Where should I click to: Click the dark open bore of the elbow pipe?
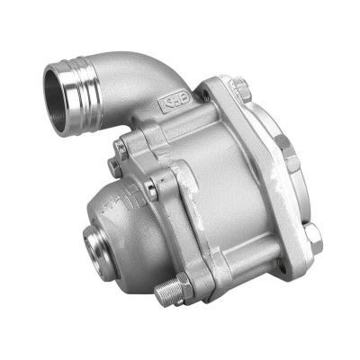coord(62,97)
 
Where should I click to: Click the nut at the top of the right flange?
coord(238,86)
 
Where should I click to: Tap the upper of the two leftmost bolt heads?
coord(120,147)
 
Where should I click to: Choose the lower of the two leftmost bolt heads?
coord(113,166)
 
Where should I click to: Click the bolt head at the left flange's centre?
coord(152,189)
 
